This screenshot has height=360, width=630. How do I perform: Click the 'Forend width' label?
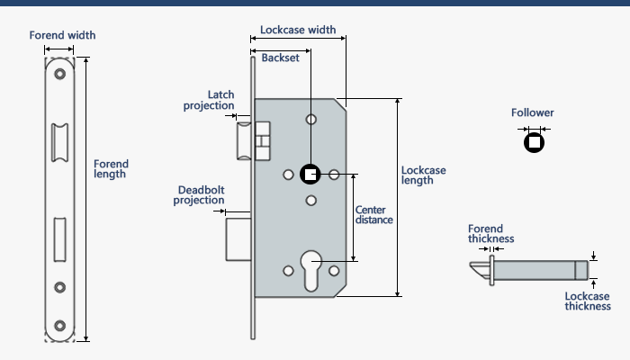pos(62,35)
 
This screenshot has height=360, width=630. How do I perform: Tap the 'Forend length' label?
pos(111,169)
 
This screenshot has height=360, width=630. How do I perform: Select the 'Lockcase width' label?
pos(297,30)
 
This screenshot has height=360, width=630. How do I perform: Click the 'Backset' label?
pos(280,58)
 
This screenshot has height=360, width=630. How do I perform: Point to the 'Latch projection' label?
pos(208,100)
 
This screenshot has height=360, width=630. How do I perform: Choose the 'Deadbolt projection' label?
pos(200,195)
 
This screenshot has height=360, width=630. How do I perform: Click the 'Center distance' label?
pos(373,215)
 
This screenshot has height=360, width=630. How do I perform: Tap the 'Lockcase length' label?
pos(423,175)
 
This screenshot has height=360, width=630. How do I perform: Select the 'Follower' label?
pos(533,113)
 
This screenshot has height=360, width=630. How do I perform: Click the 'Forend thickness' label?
pos(490,234)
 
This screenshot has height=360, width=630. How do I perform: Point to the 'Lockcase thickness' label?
pos(587,301)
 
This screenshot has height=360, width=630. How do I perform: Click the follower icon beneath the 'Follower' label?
pos(535,141)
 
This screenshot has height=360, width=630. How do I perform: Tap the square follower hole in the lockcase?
pos(310,175)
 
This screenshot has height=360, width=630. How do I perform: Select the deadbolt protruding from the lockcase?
pos(238,237)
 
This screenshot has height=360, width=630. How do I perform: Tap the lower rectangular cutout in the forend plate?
pos(60,237)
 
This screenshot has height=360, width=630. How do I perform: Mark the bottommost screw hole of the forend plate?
pos(60,325)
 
